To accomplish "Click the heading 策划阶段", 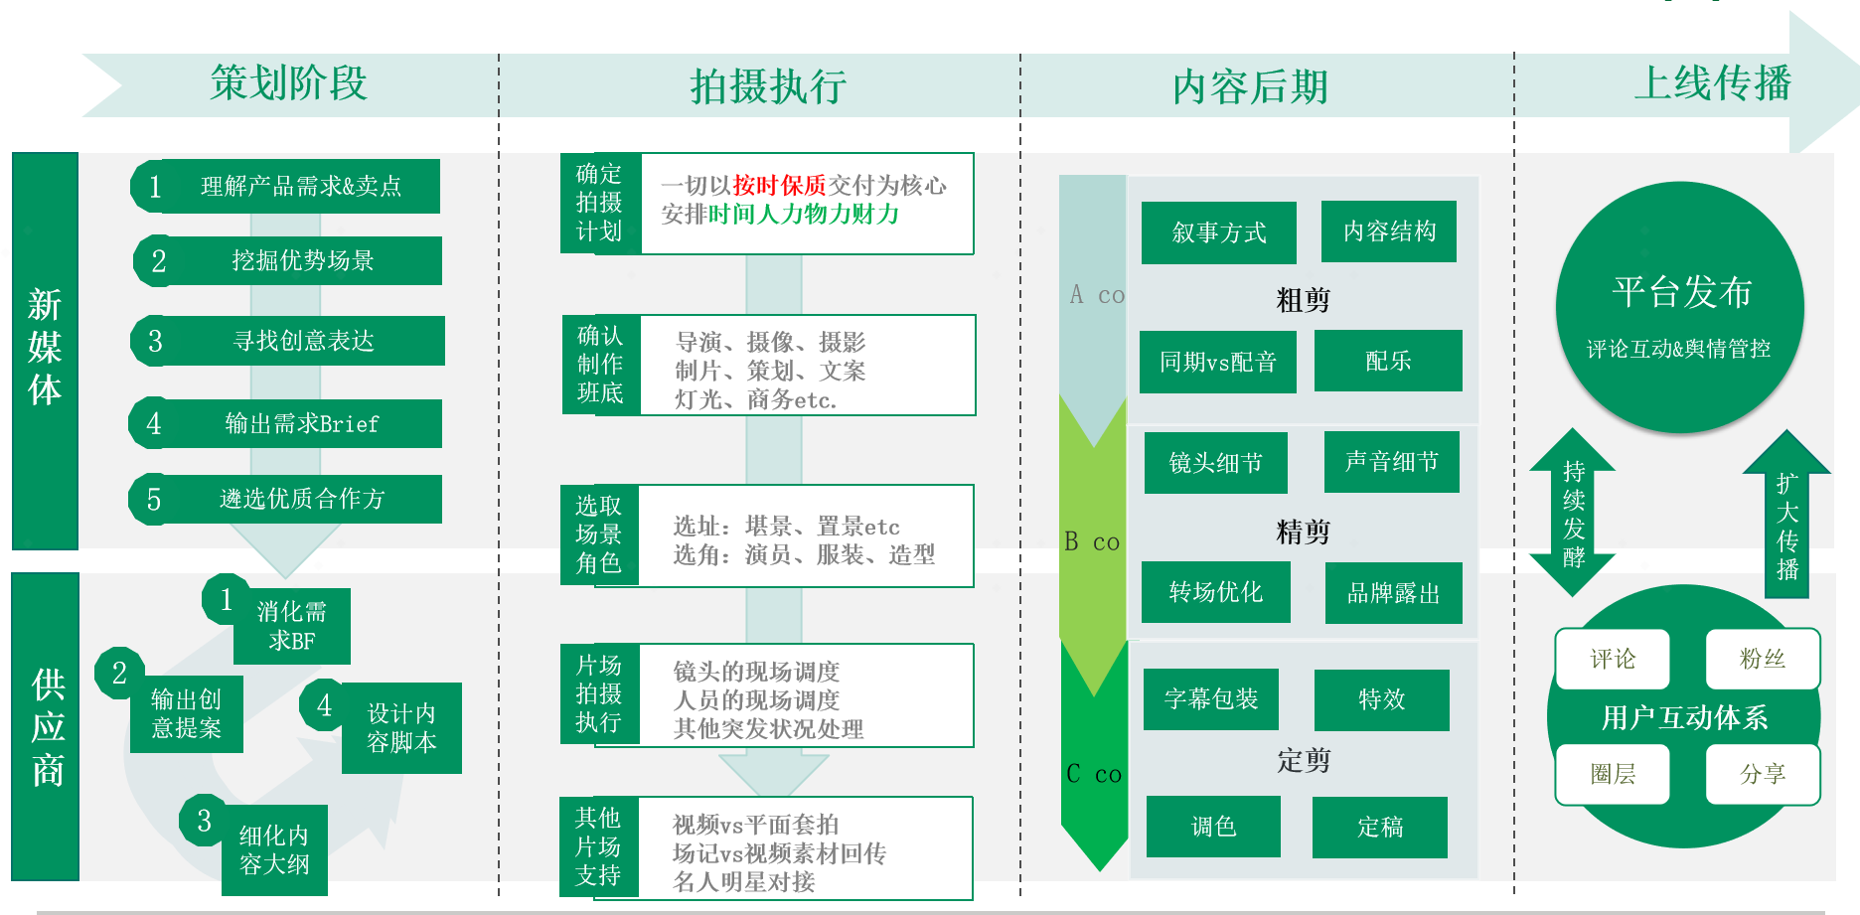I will [x=289, y=83].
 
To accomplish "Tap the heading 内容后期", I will [x=1250, y=87].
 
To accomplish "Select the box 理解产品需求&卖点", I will [x=300, y=186].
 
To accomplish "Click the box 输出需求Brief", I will [x=301, y=424].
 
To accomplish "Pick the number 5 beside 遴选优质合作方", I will [x=154, y=499].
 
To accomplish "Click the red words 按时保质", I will [x=779, y=186].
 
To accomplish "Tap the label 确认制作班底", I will [x=600, y=365].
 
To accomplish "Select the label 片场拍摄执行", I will [x=598, y=693].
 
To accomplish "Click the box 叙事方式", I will [x=1218, y=232].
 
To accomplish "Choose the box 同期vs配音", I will [x=1217, y=362].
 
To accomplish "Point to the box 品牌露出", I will [x=1393, y=593].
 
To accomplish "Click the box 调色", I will [x=1213, y=827].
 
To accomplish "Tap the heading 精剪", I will [x=1303, y=532].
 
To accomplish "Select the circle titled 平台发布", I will [x=1679, y=306].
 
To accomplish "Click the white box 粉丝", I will [x=1762, y=659].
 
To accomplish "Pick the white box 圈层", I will [x=1612, y=774].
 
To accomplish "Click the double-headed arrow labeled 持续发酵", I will [x=1573, y=513].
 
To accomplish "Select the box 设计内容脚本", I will [x=401, y=728].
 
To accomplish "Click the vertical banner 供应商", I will [x=46, y=726].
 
